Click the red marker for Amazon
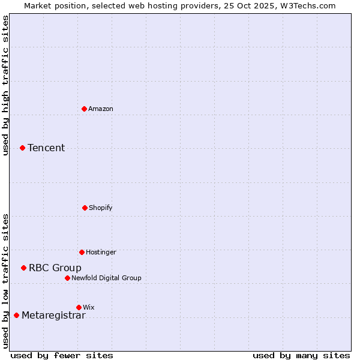(x=85, y=109)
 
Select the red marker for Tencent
(x=22, y=148)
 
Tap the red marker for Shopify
(x=85, y=208)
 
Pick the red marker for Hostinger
(x=82, y=252)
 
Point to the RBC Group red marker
(x=23, y=268)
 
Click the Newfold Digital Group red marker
(x=67, y=278)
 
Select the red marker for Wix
(x=79, y=307)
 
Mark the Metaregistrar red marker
(x=16, y=315)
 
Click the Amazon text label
(x=101, y=109)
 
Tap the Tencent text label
(x=46, y=148)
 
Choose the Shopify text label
(x=101, y=208)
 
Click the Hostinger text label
(x=101, y=252)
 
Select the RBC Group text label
(x=55, y=268)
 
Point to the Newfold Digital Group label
(x=106, y=278)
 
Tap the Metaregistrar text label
(x=53, y=316)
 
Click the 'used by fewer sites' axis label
(x=62, y=355)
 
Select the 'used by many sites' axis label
(x=301, y=355)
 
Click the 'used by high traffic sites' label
(x=5, y=85)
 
